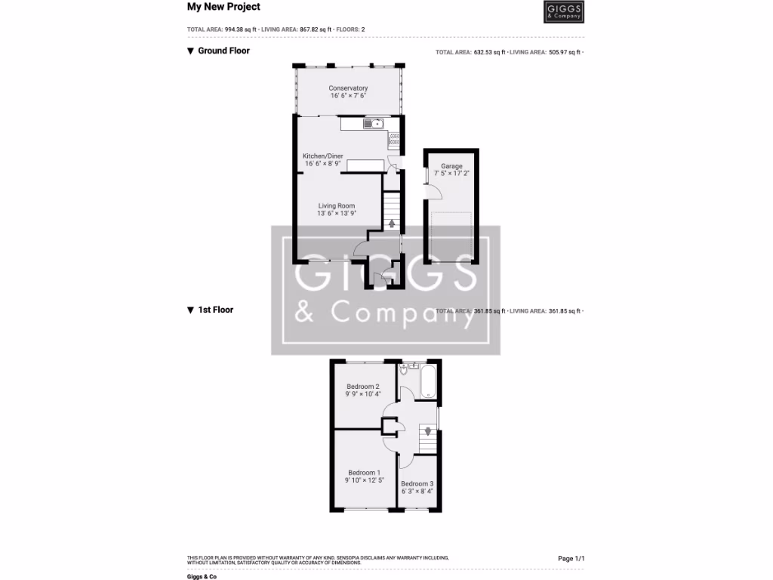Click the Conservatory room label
(348, 88)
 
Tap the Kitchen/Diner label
(323, 156)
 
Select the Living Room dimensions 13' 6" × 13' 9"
(336, 214)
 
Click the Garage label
(451, 166)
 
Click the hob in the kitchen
(393, 138)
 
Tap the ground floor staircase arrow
(391, 223)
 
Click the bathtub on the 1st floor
(428, 381)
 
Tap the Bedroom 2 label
(363, 386)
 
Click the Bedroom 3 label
(417, 483)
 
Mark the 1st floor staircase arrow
(427, 432)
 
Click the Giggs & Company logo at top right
(563, 12)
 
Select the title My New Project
(223, 7)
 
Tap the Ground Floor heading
(223, 51)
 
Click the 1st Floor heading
(215, 310)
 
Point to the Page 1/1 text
(571, 558)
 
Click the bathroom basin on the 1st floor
(414, 365)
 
